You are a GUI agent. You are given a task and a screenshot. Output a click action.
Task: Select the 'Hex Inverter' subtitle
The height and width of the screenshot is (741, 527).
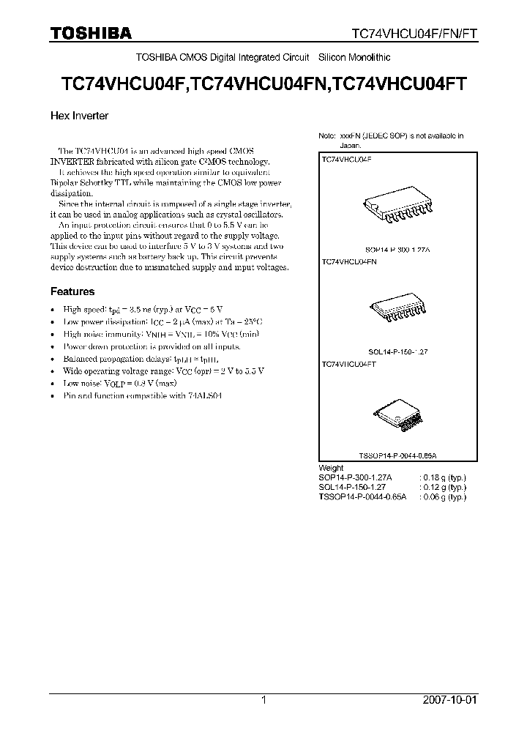pyautogui.click(x=79, y=116)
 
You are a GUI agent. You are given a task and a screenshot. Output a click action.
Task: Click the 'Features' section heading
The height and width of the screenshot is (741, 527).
pyautogui.click(x=72, y=291)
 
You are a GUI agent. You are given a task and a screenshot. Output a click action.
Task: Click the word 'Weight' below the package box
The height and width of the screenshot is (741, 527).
pyautogui.click(x=331, y=468)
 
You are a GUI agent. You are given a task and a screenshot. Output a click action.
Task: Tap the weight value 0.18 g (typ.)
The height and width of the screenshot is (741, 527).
pyautogui.click(x=444, y=477)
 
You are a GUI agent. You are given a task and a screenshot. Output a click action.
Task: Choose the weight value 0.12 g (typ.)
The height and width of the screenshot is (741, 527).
pyautogui.click(x=444, y=487)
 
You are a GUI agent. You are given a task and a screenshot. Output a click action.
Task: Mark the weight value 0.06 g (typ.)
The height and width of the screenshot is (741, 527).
pyautogui.click(x=444, y=496)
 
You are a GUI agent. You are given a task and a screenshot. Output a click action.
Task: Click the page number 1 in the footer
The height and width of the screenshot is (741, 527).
pyautogui.click(x=263, y=700)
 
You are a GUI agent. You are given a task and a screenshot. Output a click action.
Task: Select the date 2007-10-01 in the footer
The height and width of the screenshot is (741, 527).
pyautogui.click(x=449, y=700)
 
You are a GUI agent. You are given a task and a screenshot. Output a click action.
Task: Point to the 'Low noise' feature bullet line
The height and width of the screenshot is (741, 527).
pyautogui.click(x=120, y=383)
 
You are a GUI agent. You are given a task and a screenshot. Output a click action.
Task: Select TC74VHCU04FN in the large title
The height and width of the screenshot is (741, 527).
pyautogui.click(x=261, y=83)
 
